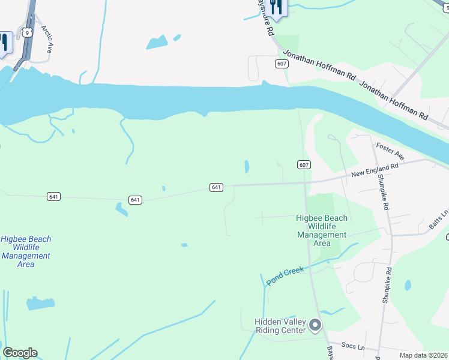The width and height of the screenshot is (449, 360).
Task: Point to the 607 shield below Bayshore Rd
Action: point(282,63)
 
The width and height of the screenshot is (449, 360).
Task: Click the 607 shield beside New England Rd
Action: point(303,164)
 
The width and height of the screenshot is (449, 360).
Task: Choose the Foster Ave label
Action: point(390,151)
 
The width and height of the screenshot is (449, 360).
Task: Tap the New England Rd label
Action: point(375,172)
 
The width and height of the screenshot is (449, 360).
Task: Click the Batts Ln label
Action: point(439,220)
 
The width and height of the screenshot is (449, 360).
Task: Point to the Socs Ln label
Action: point(353,347)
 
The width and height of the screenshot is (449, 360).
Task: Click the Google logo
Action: point(20,353)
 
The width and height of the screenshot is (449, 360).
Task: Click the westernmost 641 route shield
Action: point(53,196)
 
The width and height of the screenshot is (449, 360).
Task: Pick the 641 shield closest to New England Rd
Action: point(217,187)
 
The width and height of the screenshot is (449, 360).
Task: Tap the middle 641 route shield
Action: point(135,199)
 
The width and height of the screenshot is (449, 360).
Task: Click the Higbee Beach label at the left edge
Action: point(26,251)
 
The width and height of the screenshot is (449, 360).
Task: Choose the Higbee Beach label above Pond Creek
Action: point(322,230)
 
